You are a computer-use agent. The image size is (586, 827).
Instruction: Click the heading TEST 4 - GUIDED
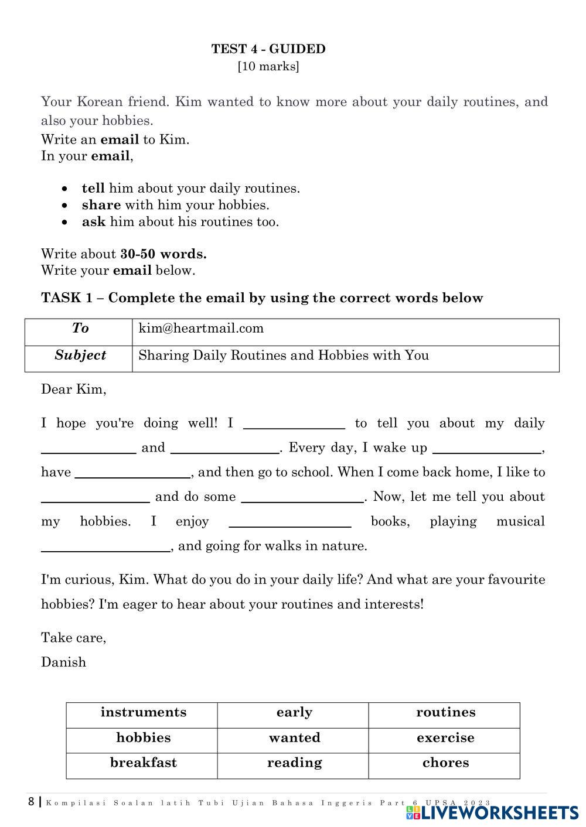pyautogui.click(x=268, y=49)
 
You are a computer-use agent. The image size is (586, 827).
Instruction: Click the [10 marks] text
pyautogui.click(x=268, y=66)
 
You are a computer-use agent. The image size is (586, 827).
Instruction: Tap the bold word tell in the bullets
pyautogui.click(x=93, y=189)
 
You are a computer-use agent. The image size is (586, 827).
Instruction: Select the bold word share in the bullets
pyautogui.click(x=101, y=205)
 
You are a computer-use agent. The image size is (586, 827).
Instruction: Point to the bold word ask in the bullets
pyautogui.click(x=93, y=222)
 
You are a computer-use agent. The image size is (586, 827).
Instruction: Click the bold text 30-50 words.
pyautogui.click(x=163, y=254)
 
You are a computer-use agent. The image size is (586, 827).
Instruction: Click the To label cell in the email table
pyautogui.click(x=80, y=329)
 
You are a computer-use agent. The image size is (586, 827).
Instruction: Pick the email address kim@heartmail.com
pyautogui.click(x=201, y=329)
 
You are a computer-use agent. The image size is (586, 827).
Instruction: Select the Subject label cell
pyautogui.click(x=80, y=356)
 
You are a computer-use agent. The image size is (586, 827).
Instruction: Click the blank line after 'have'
pyautogui.click(x=132, y=472)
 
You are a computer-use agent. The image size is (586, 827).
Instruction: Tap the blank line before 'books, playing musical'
pyautogui.click(x=289, y=521)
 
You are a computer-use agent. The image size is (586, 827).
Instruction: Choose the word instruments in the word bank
pyautogui.click(x=144, y=713)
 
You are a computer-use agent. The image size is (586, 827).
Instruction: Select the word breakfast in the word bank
pyautogui.click(x=144, y=763)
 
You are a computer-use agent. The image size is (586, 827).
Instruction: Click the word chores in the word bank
pyautogui.click(x=445, y=763)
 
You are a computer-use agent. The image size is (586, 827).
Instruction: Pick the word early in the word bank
pyautogui.click(x=294, y=713)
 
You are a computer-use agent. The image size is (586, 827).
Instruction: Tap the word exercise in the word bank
pyautogui.click(x=445, y=738)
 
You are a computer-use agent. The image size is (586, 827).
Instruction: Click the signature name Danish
pyautogui.click(x=63, y=662)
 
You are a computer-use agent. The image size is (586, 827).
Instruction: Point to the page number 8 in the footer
pyautogui.click(x=31, y=802)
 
